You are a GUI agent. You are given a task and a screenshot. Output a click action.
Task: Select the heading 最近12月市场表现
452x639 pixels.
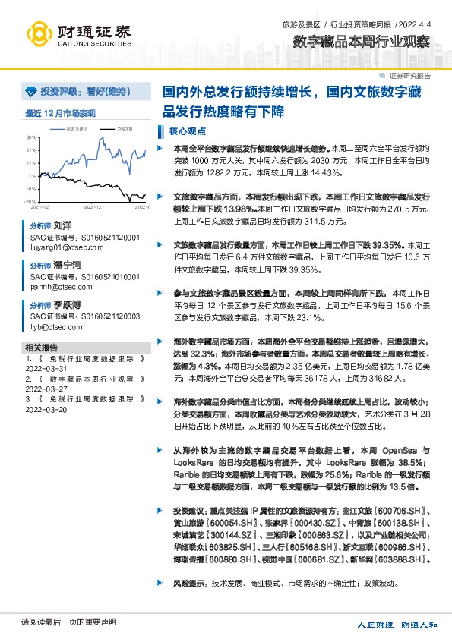(x=61, y=114)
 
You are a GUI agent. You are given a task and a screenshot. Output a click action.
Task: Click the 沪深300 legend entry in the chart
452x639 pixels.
(x=125, y=130)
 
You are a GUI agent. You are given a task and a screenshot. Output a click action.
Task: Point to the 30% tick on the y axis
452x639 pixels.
(x=31, y=137)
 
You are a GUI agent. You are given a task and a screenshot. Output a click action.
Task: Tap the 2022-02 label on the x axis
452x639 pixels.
(x=92, y=206)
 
